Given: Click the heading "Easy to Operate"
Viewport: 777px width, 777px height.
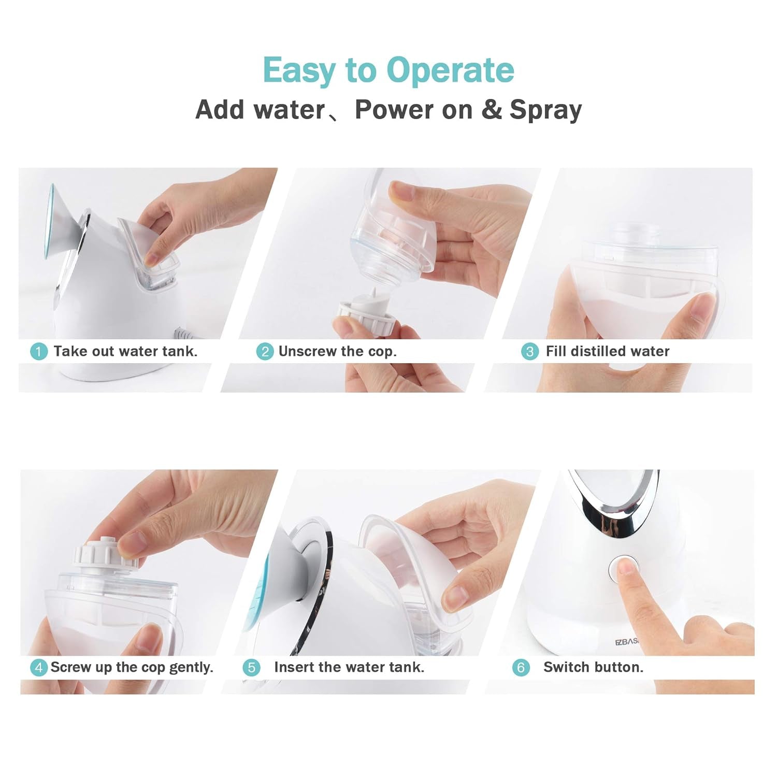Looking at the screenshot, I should click(388, 70).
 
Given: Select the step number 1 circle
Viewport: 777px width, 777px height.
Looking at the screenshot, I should click(38, 352).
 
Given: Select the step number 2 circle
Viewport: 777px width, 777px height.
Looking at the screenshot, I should click(265, 352).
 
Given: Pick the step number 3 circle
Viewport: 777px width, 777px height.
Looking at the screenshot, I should click(529, 352).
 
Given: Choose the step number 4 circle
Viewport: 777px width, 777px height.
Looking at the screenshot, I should click(38, 668).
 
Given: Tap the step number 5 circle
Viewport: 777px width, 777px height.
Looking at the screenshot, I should click(251, 668).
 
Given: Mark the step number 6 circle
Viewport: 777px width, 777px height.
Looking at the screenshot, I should click(521, 668).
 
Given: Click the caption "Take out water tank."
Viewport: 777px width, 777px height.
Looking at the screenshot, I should click(125, 351).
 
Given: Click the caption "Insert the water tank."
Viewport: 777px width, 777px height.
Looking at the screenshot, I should click(349, 667).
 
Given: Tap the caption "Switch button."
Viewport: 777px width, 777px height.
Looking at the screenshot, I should click(593, 667).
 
